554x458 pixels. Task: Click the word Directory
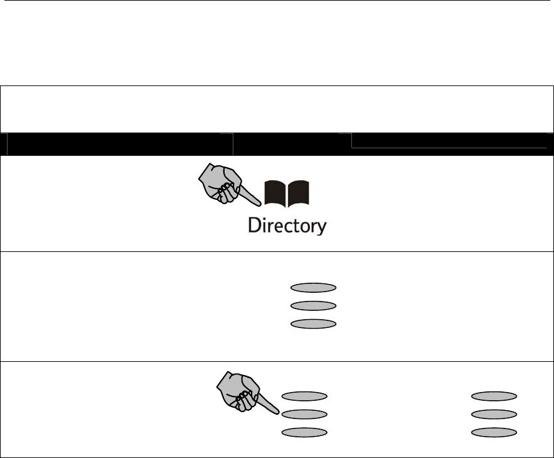click(x=287, y=226)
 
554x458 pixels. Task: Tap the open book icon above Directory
click(x=287, y=194)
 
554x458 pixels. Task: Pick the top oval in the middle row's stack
click(x=314, y=288)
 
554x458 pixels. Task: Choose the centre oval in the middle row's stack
click(x=314, y=306)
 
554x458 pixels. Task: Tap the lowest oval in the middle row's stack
click(x=314, y=324)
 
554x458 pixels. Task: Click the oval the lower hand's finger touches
click(x=304, y=414)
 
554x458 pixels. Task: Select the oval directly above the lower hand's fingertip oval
click(x=304, y=396)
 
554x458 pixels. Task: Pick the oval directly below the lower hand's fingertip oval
click(x=304, y=432)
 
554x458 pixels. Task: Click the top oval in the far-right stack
click(x=494, y=396)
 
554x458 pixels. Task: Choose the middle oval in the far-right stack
click(x=494, y=414)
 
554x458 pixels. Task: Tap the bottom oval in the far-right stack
click(x=494, y=432)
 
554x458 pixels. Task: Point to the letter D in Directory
click(x=253, y=225)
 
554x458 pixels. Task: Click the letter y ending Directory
click(x=320, y=227)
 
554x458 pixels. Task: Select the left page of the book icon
click(x=275, y=194)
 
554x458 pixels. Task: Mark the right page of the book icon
click(x=299, y=194)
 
